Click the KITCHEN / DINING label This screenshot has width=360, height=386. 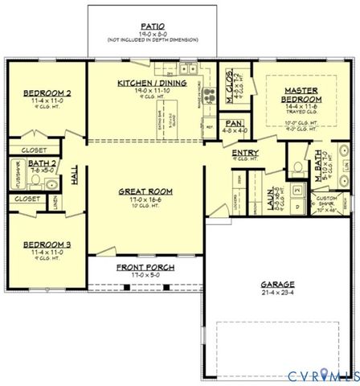[152, 83]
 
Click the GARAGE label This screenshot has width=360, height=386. [276, 284]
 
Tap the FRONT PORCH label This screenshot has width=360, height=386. [145, 267]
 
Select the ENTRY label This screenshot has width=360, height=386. [244, 152]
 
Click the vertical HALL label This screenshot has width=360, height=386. [75, 176]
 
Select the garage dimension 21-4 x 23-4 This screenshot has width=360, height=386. [276, 294]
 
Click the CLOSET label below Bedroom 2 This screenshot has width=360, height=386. [35, 150]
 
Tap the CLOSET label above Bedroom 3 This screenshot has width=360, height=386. [27, 198]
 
